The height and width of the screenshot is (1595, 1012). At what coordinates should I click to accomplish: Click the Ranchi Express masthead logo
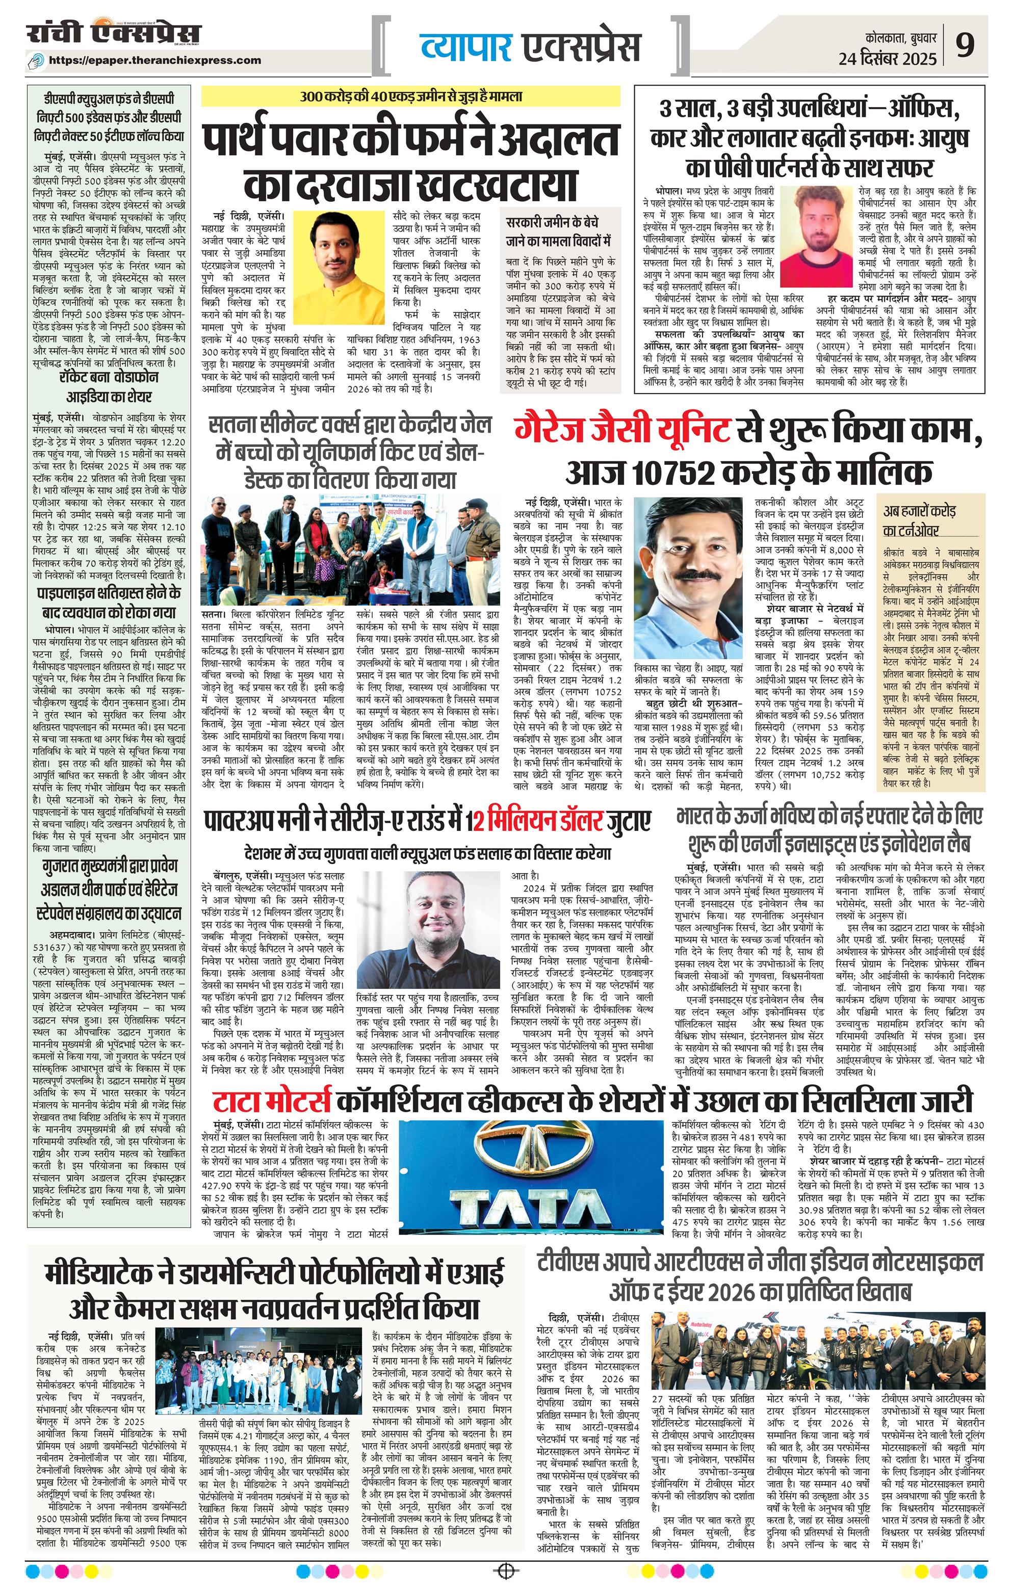tap(114, 35)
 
